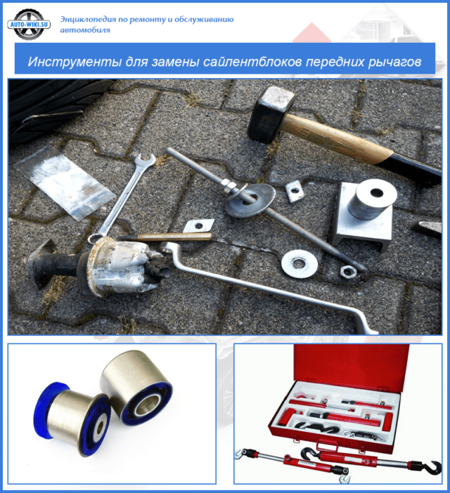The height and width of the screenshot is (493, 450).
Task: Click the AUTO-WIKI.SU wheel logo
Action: click(x=29, y=24)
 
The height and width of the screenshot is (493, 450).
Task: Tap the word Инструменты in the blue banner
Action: click(x=75, y=62)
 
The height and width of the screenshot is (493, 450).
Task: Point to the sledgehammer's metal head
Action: click(x=271, y=114)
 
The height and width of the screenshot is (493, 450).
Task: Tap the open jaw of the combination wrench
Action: click(x=146, y=160)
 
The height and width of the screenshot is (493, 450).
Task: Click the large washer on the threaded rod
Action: click(x=250, y=200)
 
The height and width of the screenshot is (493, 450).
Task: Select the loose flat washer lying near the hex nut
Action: click(x=299, y=263)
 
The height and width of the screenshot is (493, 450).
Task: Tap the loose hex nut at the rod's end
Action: click(x=348, y=271)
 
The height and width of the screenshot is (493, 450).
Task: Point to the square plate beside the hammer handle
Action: click(x=295, y=191)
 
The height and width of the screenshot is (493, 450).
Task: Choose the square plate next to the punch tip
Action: click(x=198, y=225)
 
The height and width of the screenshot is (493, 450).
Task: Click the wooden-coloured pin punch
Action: click(x=165, y=237)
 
